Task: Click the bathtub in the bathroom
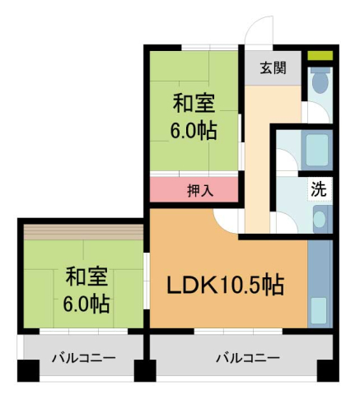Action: pyautogui.click(x=318, y=149)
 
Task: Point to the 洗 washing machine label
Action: pyautogui.click(x=318, y=188)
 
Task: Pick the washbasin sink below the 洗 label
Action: pyautogui.click(x=320, y=219)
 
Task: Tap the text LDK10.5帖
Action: pyautogui.click(x=226, y=286)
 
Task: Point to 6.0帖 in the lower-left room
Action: pyautogui.click(x=86, y=303)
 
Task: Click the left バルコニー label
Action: pyautogui.click(x=83, y=358)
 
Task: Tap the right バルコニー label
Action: pyautogui.click(x=248, y=358)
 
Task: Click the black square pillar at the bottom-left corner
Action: pyautogui.click(x=28, y=373)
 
